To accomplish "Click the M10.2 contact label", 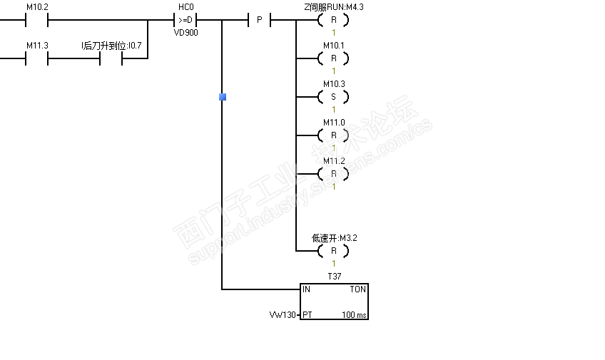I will click(36, 7).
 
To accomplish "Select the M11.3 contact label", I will click(36, 46).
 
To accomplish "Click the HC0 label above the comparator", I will click(185, 7).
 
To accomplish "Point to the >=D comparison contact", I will click(185, 20).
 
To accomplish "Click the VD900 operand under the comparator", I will click(185, 33).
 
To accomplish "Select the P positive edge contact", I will click(259, 20).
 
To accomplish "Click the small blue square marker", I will click(223, 96).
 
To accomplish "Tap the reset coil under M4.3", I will click(333, 20).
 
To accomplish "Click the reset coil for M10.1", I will click(333, 58).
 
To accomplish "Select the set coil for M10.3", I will click(333, 97).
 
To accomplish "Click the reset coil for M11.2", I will click(333, 174).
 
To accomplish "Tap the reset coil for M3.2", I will click(333, 251).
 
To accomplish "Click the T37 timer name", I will click(334, 275).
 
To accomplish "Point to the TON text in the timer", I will click(357, 289).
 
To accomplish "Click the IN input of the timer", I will click(306, 289).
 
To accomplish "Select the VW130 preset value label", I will click(282, 314).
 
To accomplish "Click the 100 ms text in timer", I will click(354, 314).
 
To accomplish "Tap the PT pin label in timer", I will click(307, 314).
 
